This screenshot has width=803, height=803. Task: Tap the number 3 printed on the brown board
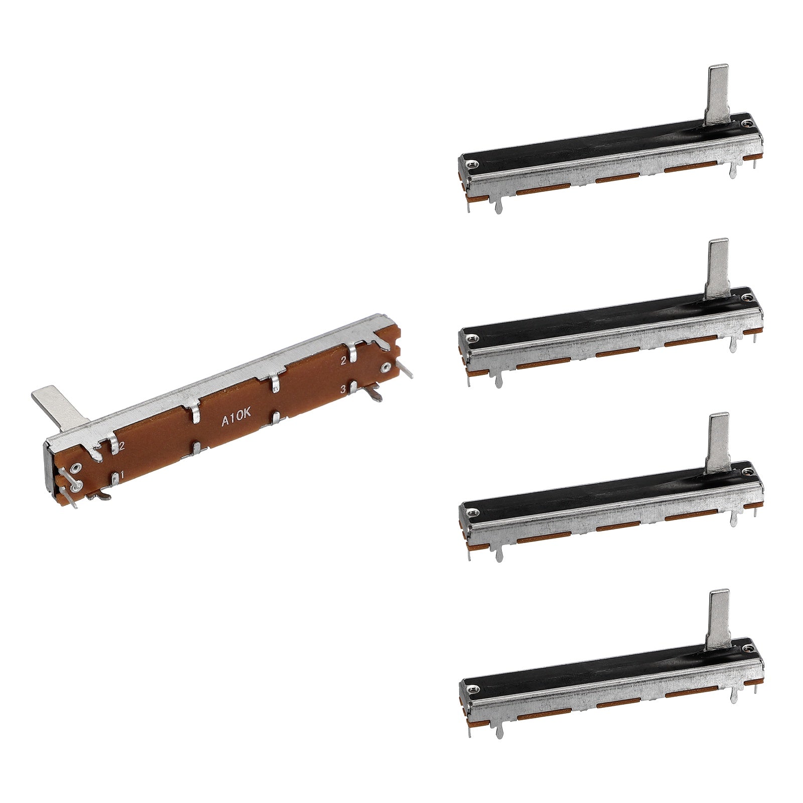(x=344, y=389)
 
